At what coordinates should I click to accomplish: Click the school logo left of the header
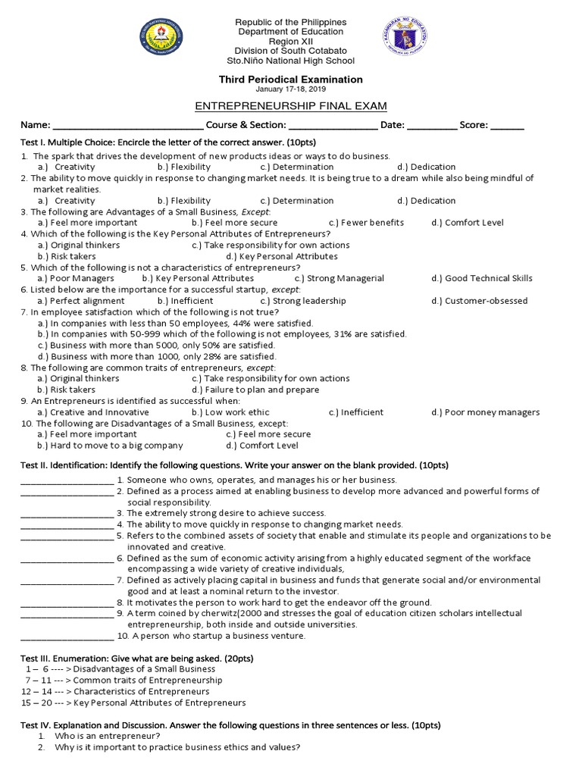(161, 41)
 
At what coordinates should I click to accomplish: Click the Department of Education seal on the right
(405, 41)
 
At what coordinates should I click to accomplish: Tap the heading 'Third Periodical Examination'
(291, 80)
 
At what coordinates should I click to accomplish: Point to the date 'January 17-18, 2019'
(291, 89)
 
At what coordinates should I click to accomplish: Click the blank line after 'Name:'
(127, 126)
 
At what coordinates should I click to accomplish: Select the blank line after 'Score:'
(508, 126)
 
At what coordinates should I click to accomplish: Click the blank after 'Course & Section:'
(333, 126)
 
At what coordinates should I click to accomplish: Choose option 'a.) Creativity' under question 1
(67, 167)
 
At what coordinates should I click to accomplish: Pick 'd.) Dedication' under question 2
(426, 201)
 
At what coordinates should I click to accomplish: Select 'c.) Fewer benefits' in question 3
(366, 223)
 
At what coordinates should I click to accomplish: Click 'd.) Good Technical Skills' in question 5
(482, 278)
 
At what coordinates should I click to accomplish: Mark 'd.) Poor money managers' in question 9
(486, 412)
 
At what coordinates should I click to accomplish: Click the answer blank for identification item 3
(67, 514)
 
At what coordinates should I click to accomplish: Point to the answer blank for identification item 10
(67, 637)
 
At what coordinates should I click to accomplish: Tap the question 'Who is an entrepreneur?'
(107, 736)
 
